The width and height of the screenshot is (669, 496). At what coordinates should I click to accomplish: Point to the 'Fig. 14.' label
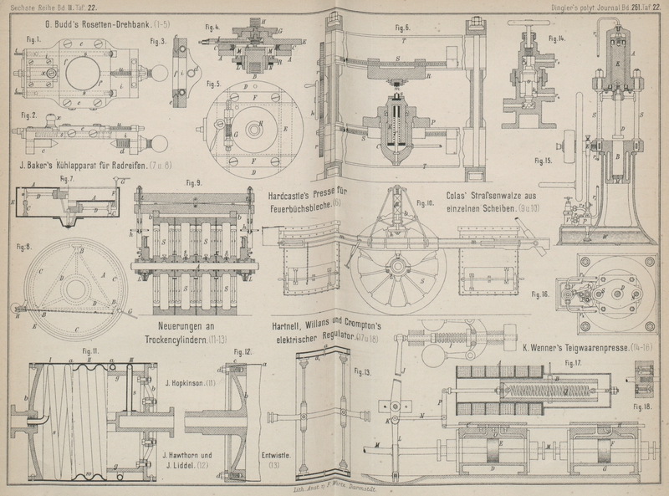[556, 39]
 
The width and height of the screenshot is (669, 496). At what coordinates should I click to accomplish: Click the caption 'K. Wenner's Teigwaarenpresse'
[571, 345]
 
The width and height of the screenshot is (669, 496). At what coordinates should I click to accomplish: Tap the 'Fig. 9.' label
[194, 182]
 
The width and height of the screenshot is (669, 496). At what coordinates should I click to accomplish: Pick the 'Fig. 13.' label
[363, 371]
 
